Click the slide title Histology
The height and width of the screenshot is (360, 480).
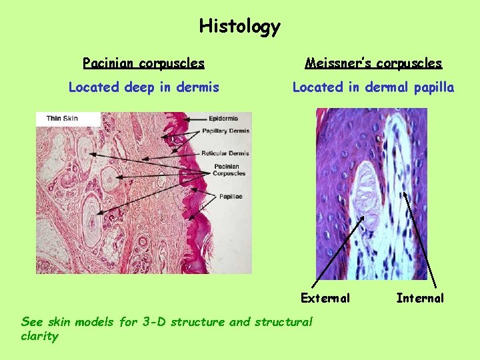click(240, 27)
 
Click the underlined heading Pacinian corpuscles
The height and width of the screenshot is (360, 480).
click(143, 63)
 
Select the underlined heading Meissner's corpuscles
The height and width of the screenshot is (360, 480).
click(373, 63)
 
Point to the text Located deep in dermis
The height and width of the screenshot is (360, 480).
click(143, 87)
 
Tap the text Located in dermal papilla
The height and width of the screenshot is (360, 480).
click(373, 87)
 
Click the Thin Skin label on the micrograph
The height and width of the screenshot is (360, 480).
click(62, 119)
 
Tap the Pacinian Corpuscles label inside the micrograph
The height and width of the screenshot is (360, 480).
click(229, 170)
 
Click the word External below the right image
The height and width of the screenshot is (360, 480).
click(325, 298)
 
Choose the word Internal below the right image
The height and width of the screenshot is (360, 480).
click(420, 298)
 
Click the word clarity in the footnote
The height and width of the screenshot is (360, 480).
click(39, 337)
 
